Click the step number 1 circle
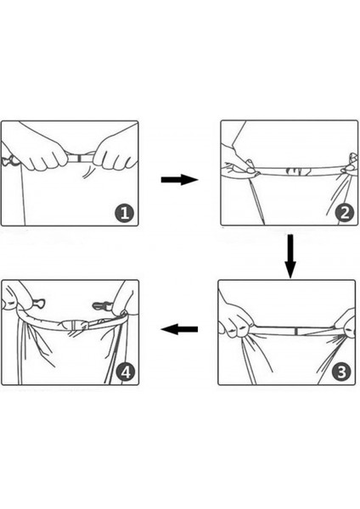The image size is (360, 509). [x=125, y=213]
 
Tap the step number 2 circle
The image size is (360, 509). [x=345, y=213]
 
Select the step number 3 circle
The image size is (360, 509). [x=341, y=372]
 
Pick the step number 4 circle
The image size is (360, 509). [x=126, y=372]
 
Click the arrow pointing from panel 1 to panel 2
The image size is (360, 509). [x=179, y=179]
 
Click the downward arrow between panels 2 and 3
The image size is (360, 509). [x=290, y=256]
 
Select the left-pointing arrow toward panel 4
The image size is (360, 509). [x=179, y=329]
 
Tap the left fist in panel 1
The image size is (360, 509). [x=47, y=155]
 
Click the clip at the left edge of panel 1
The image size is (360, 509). [x=9, y=160]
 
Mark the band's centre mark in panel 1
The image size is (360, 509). [x=79, y=159]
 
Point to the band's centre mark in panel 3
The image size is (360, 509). [x=296, y=332]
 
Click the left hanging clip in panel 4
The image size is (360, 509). [x=38, y=304]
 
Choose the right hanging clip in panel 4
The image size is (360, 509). [x=102, y=305]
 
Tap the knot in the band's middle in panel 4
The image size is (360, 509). [x=75, y=325]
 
